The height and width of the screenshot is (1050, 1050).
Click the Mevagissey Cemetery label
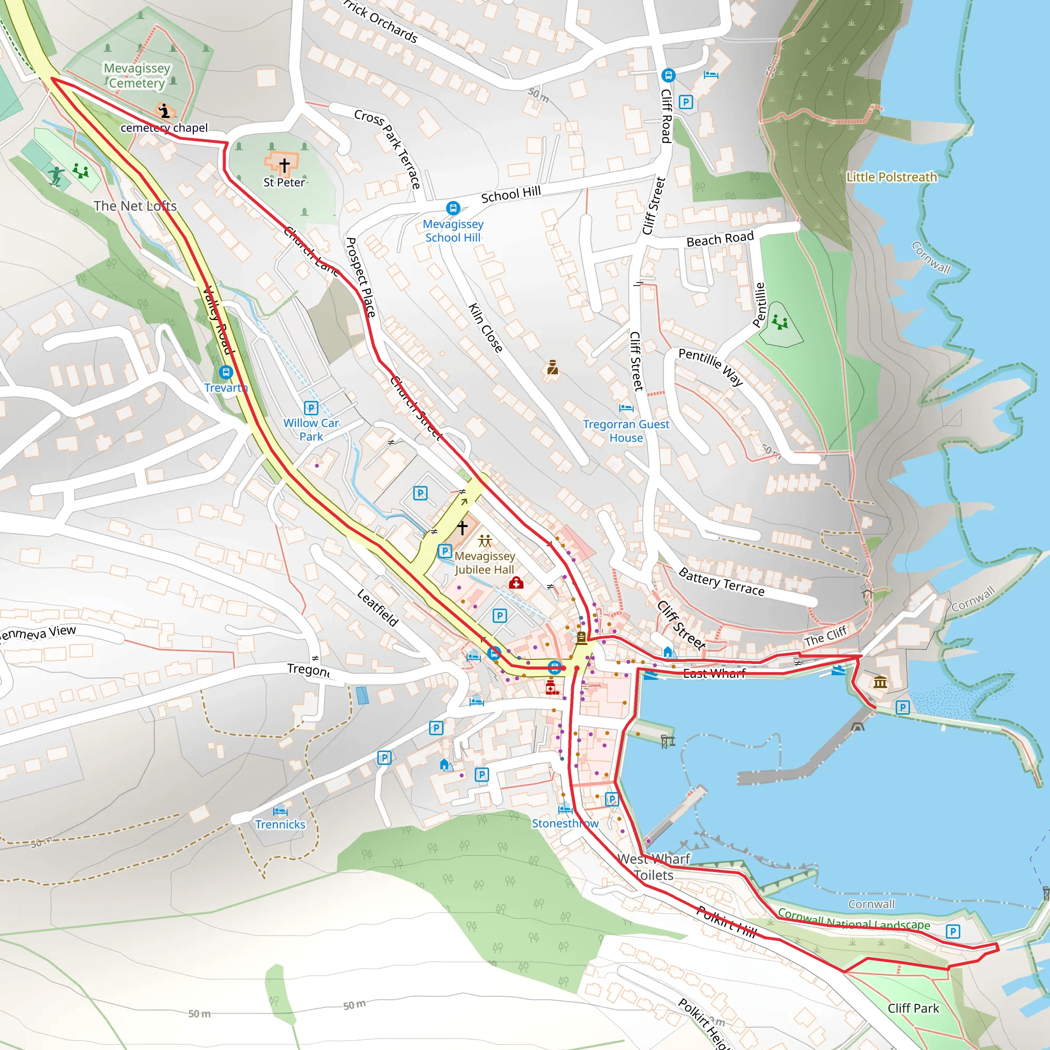click(x=136, y=75)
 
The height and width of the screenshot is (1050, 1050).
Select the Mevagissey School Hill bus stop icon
click(x=453, y=208)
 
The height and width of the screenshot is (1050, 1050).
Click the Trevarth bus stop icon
click(x=226, y=372)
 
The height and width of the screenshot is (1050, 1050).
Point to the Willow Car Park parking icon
click(x=311, y=408)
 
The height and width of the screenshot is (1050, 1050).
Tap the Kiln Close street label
click(x=486, y=328)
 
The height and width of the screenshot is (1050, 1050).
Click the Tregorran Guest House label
click(x=626, y=431)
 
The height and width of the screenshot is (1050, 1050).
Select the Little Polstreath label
click(x=891, y=177)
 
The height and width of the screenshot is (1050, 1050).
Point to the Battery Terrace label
click(x=721, y=582)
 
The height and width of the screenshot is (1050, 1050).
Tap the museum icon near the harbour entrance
click(x=880, y=681)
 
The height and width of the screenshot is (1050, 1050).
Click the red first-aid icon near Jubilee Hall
click(x=516, y=583)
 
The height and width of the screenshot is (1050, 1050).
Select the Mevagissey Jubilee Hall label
click(x=485, y=562)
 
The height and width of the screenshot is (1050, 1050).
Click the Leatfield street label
click(x=378, y=608)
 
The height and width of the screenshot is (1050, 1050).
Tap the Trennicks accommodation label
click(x=280, y=824)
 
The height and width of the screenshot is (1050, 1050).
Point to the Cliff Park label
click(x=913, y=1008)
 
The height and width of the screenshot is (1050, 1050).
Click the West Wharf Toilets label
click(x=654, y=867)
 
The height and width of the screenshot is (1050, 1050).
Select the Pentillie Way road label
click(x=710, y=366)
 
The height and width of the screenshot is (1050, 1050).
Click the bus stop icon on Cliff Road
click(x=669, y=75)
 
